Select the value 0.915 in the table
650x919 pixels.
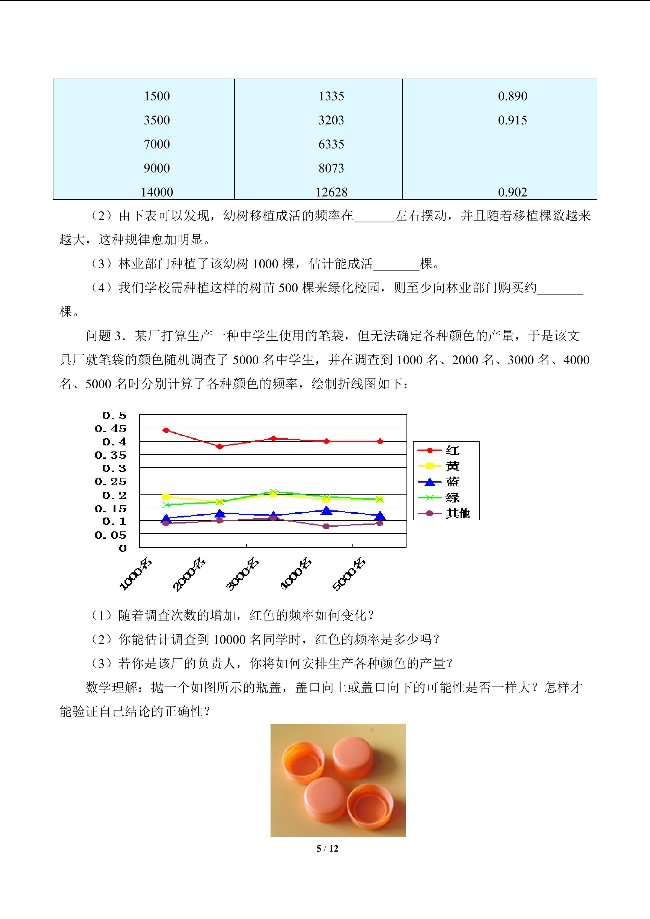click(512, 120)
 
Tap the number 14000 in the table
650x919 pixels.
click(157, 192)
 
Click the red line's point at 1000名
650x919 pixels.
click(166, 430)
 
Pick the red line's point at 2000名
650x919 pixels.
click(219, 446)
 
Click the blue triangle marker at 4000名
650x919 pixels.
click(327, 511)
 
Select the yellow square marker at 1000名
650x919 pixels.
click(166, 497)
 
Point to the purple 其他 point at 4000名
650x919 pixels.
click(327, 526)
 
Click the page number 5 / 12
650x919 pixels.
click(327, 848)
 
